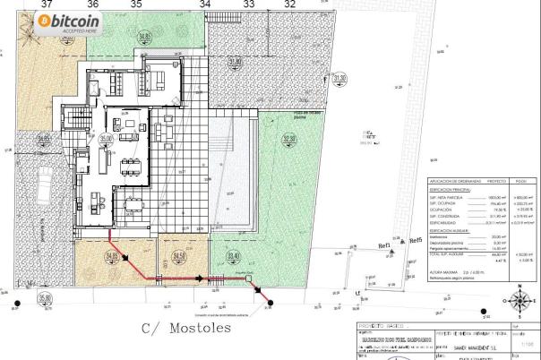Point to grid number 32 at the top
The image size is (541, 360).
[289, 4]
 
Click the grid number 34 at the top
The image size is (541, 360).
[205, 4]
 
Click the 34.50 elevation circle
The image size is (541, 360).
[179, 257]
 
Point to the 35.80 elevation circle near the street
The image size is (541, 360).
[45, 299]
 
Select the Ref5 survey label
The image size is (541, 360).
[415, 240]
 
